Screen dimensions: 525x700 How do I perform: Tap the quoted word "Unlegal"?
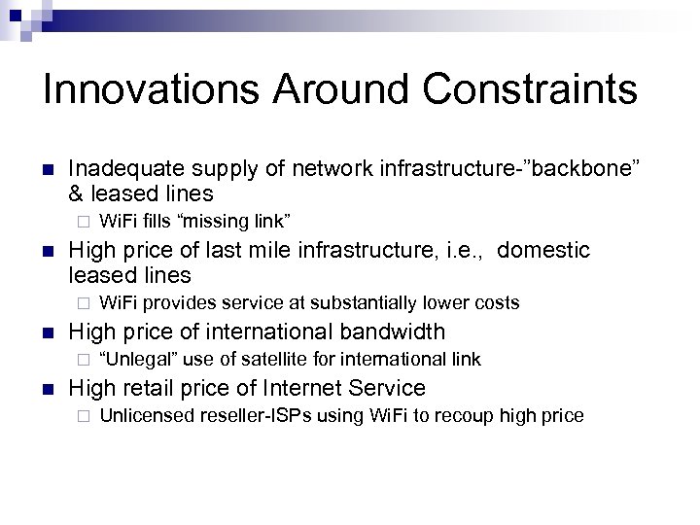point(133,360)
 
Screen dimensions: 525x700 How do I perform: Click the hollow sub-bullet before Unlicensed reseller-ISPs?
point(84,416)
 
